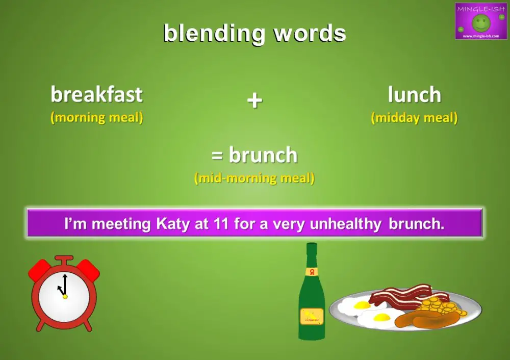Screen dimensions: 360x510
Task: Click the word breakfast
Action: pyautogui.click(x=96, y=95)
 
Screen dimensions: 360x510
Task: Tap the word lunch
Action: pyautogui.click(x=414, y=95)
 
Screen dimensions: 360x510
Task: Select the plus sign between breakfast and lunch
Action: pyautogui.click(x=254, y=100)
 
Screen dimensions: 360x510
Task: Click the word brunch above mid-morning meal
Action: pyautogui.click(x=263, y=155)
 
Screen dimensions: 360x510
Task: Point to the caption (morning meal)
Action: pyautogui.click(x=96, y=118)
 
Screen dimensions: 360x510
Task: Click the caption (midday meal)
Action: pyautogui.click(x=414, y=118)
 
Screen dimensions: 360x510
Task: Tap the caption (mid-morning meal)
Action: pyautogui.click(x=254, y=178)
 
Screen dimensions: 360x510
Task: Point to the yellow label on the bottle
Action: pyautogui.click(x=311, y=316)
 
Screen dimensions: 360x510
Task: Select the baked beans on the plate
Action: pyautogui.click(x=439, y=306)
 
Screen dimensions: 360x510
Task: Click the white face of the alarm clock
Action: pyautogui.click(x=64, y=295)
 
